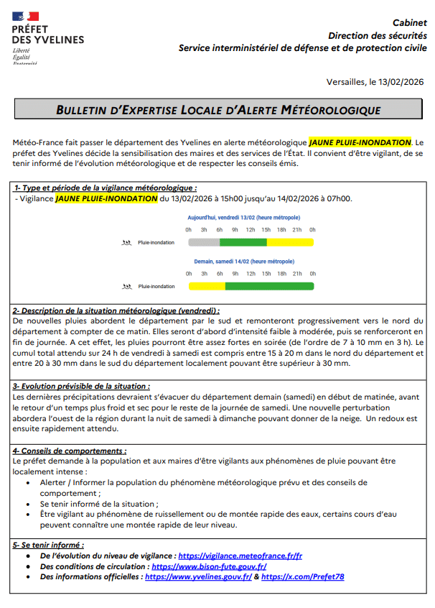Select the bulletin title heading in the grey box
(218, 110)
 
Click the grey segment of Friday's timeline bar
(204, 242)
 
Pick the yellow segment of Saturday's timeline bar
(207, 286)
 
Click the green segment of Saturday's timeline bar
(270, 286)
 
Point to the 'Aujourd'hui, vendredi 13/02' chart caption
(244, 218)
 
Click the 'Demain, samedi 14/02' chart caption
(244, 262)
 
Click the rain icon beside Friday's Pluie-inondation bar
(127, 243)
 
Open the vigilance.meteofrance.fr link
(240, 556)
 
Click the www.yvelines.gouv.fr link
(198, 576)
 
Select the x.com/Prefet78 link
(303, 576)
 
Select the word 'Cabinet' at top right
(410, 23)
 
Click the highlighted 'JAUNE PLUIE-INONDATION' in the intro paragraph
(360, 142)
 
